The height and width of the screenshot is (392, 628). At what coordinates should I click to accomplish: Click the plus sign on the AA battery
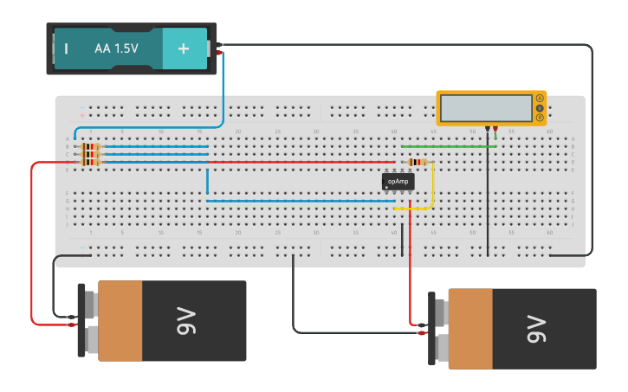tap(184, 48)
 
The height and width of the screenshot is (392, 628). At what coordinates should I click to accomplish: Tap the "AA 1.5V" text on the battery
tap(116, 48)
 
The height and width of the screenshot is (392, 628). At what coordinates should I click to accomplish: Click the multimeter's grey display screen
tap(486, 108)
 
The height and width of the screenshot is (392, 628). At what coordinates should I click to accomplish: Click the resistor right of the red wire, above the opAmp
tap(418, 162)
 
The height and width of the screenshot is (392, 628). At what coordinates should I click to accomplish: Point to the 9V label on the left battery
tap(193, 321)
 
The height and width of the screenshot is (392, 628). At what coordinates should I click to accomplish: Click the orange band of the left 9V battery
tap(120, 321)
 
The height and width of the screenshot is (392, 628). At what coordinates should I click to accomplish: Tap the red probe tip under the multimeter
tap(495, 129)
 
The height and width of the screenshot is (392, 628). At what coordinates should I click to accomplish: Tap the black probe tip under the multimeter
tap(488, 129)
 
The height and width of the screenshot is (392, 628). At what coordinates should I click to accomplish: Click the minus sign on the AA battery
tap(66, 48)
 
